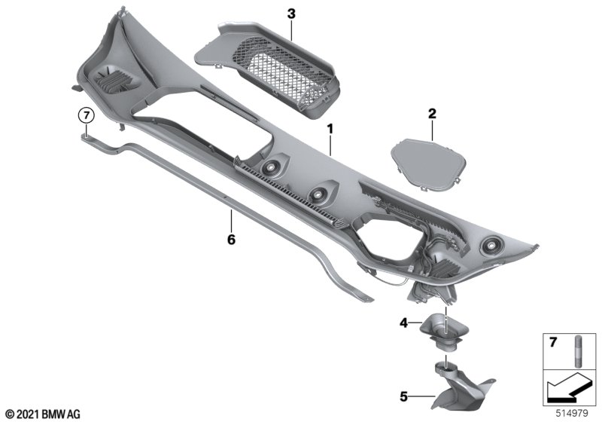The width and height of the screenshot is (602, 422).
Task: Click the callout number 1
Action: [x=330, y=129]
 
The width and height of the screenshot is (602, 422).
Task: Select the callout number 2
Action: [x=432, y=114]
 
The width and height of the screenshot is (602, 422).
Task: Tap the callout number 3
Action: [x=291, y=14]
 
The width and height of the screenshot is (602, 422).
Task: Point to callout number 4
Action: [x=403, y=323]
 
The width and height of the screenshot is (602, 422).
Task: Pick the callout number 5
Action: [x=403, y=396]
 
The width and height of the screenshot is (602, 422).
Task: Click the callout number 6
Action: [x=231, y=240]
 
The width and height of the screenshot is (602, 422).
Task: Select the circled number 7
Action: [x=87, y=115]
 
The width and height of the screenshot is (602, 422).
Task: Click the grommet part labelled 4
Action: [x=443, y=332]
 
